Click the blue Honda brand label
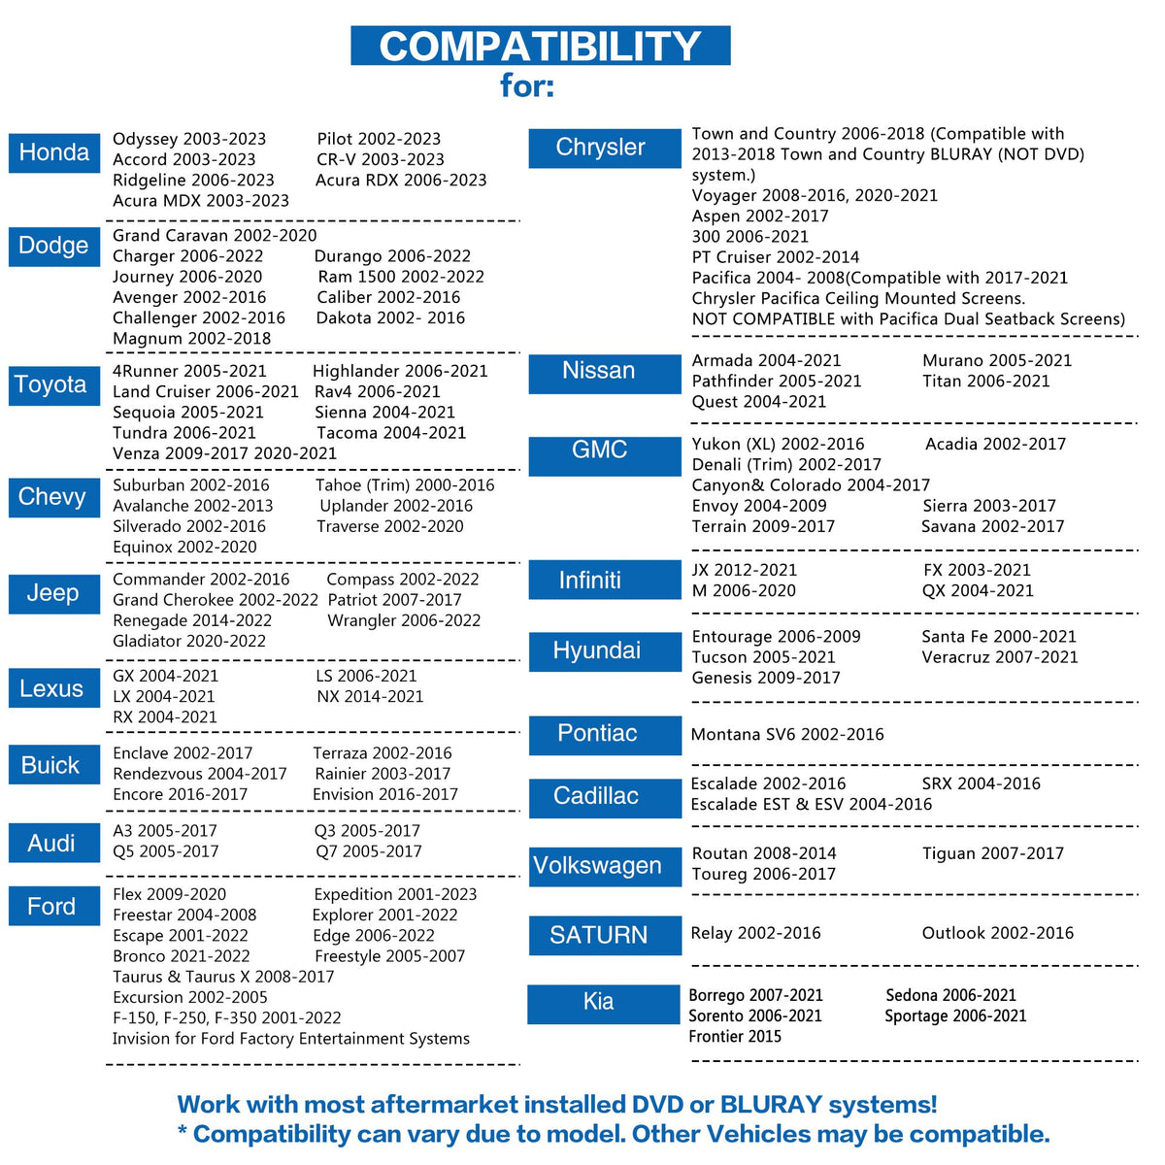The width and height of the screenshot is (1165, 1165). (54, 152)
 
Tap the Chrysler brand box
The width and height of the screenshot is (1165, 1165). (604, 148)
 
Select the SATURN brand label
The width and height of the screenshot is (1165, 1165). (604, 935)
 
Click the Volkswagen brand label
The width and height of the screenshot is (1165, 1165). (604, 866)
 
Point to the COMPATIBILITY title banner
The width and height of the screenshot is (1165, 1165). (540, 46)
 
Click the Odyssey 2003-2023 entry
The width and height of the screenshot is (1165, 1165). (189, 139)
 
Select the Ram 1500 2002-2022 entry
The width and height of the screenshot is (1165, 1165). (400, 277)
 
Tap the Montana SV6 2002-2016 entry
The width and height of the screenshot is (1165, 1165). (787, 734)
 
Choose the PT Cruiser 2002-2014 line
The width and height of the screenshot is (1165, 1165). (775, 257)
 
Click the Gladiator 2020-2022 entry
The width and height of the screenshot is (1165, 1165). (189, 641)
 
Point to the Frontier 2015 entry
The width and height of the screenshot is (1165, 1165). (735, 1036)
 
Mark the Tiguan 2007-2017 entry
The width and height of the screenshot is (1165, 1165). (992, 853)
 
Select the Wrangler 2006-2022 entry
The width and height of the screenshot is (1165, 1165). (404, 620)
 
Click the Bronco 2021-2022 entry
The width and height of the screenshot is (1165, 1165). (182, 956)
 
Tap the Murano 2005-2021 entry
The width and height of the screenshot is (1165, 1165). (997, 360)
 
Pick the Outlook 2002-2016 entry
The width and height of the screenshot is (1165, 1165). (997, 933)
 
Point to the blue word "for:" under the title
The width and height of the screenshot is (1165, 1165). (527, 85)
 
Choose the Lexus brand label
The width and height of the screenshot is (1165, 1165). (52, 688)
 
